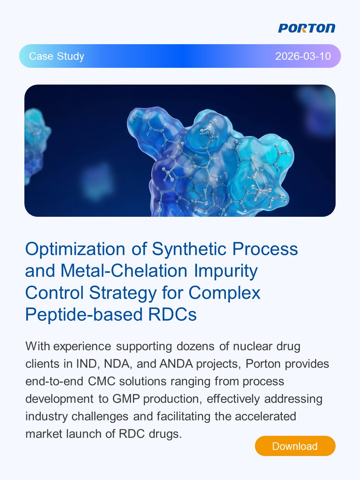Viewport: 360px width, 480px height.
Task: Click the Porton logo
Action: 306,28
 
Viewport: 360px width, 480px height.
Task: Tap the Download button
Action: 295,446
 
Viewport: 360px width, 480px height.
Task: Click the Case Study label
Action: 57,56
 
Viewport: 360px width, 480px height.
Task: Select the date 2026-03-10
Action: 303,56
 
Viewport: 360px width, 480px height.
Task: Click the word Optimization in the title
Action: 75,249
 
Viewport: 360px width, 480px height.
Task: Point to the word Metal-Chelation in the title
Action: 124,271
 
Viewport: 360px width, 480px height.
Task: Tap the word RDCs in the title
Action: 172,314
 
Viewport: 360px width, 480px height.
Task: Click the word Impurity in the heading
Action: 226,271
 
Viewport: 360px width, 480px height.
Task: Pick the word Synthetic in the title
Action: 189,249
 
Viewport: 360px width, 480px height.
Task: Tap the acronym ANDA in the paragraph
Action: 176,364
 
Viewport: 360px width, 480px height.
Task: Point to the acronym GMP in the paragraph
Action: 126,399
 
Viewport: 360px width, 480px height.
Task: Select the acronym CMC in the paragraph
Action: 102,381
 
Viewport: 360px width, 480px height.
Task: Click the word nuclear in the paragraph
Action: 253,346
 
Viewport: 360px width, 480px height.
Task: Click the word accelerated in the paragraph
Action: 266,416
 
